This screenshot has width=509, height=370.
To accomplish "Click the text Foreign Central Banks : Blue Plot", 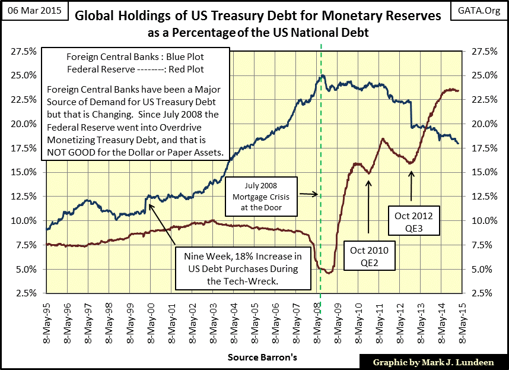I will pos(136,57).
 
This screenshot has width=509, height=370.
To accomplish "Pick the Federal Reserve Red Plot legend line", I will pos(136,69).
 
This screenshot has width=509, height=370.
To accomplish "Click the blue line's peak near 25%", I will pos(322,75).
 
